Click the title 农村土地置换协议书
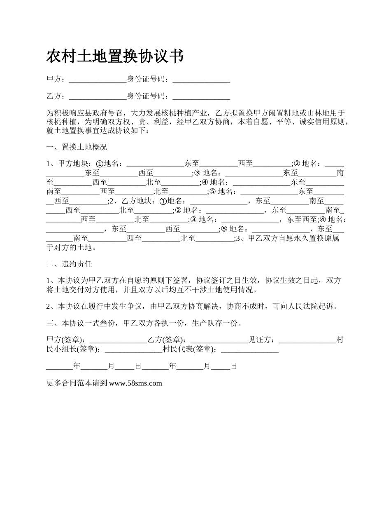tap(115, 56)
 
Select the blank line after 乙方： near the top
tap(98, 97)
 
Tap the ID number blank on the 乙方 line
tap(201, 97)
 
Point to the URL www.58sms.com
tap(136, 383)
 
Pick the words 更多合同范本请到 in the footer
tap(77, 383)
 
